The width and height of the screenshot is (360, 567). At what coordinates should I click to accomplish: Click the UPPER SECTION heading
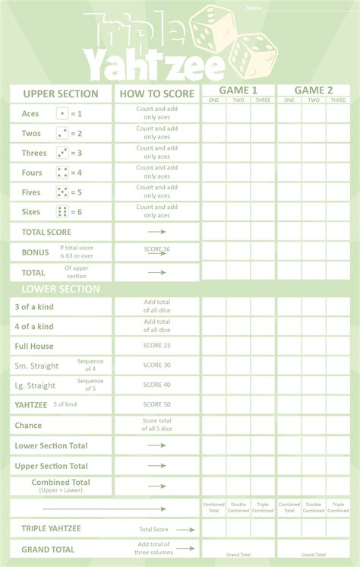[61, 93]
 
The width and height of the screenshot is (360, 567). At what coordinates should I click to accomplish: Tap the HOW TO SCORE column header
[156, 93]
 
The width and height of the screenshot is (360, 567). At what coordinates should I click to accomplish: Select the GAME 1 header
[238, 90]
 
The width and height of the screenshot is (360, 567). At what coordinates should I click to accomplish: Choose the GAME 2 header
[314, 90]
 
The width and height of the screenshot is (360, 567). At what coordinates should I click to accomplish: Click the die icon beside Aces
[62, 113]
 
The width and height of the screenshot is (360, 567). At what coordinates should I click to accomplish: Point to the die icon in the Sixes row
[62, 211]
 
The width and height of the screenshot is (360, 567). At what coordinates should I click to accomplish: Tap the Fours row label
[32, 173]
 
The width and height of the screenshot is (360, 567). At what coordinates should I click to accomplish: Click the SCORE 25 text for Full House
[156, 345]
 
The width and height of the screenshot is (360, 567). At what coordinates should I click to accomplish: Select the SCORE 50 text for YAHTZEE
[156, 404]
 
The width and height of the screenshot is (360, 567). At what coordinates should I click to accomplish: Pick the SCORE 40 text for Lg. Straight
[156, 385]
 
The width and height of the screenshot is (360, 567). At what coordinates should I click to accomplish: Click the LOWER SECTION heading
[50, 289]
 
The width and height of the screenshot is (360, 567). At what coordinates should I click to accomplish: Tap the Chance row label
[28, 425]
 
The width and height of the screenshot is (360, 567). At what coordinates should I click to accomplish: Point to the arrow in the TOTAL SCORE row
[156, 231]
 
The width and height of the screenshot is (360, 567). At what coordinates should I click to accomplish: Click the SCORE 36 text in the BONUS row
[156, 249]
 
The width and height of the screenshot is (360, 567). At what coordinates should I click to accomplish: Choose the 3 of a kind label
[34, 306]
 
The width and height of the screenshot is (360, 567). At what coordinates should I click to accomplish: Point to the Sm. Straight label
[36, 366]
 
